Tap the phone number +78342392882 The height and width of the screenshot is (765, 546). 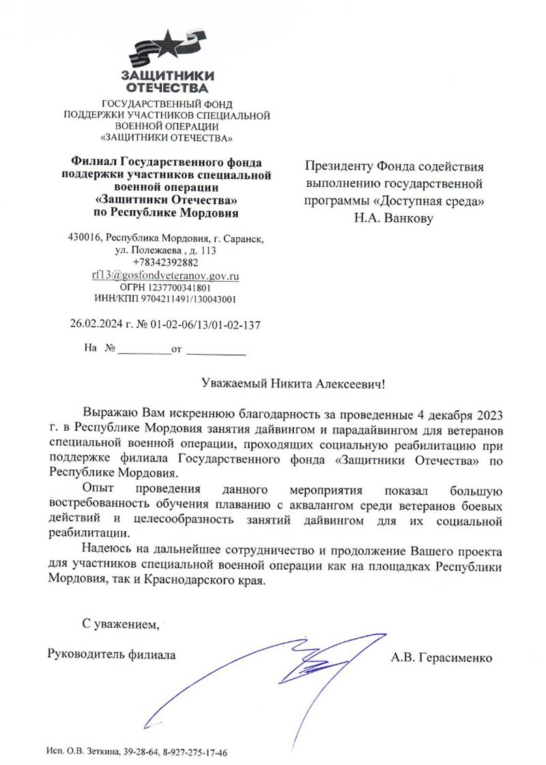tap(166, 263)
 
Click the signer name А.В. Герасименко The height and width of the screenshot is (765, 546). tap(442, 657)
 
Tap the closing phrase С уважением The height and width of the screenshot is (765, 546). tap(120, 623)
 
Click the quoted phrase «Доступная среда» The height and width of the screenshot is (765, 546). tap(437, 201)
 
